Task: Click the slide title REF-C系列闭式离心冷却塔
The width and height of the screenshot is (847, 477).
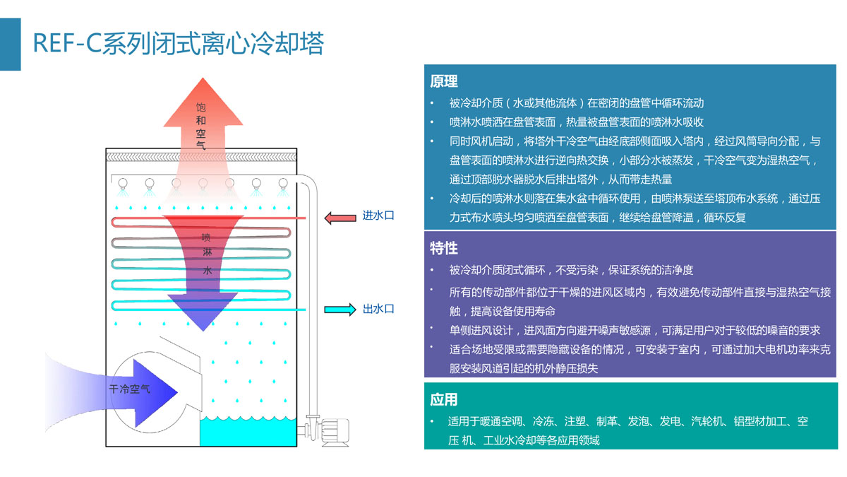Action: [178, 44]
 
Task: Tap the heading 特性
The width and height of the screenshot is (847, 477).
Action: [444, 248]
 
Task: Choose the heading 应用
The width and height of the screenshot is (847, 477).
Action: [444, 400]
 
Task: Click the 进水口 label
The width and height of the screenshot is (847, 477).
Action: [378, 216]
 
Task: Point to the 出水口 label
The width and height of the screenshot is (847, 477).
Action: [378, 309]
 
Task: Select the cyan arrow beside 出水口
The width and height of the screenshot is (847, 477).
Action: [339, 310]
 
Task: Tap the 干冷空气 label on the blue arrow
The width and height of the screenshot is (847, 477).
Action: [129, 389]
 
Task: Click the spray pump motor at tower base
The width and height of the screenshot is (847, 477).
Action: [335, 430]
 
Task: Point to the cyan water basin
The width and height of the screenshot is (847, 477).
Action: [246, 431]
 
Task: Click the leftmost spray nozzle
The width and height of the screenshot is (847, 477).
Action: [124, 184]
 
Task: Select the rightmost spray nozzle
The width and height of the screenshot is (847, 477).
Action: [283, 184]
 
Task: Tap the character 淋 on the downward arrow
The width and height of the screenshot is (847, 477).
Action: [206, 253]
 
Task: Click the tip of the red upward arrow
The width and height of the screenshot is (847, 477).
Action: [201, 76]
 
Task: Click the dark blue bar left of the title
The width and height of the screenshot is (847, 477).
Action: [10, 45]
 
